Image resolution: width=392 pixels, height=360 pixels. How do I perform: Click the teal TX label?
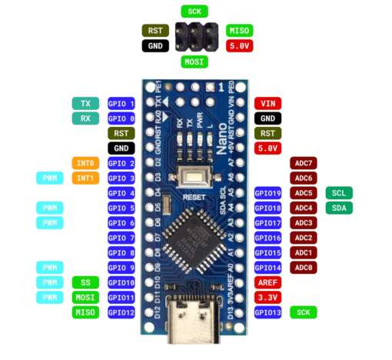(x=85, y=104)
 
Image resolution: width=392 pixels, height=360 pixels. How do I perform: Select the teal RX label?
(x=85, y=118)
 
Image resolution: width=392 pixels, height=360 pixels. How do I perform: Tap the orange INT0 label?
(x=85, y=163)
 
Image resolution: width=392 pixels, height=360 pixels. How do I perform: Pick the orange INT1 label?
(x=85, y=178)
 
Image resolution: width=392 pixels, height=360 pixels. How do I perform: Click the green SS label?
(x=85, y=282)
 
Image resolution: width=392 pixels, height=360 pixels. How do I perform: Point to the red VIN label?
(x=267, y=104)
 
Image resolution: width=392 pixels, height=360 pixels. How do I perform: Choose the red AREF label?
(x=267, y=282)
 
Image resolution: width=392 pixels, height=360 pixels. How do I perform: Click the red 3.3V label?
(x=267, y=297)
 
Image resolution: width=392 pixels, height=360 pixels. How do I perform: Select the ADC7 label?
(x=304, y=163)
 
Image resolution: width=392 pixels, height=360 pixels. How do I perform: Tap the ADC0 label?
(x=304, y=268)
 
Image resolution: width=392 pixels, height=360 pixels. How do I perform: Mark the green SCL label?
(x=339, y=193)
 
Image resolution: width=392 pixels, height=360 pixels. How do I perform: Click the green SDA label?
(x=339, y=208)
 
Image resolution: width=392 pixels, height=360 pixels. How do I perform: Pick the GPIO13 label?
(x=267, y=312)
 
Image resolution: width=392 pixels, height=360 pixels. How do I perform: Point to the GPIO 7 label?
(x=121, y=238)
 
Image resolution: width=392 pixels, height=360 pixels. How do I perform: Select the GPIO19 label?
(x=267, y=193)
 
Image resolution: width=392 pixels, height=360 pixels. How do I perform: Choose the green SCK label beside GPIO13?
(x=304, y=312)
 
